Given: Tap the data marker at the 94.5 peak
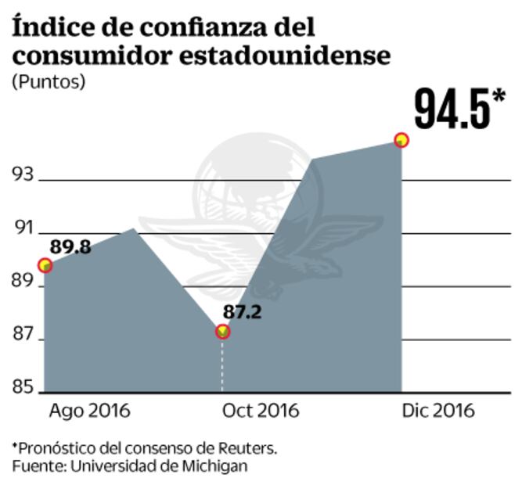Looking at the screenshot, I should tap(401, 140).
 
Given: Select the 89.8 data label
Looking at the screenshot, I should tap(70, 247).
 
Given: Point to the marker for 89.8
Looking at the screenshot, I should tap(45, 266).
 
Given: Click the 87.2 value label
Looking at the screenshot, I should tap(242, 312).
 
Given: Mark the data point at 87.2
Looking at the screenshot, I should tap(223, 332).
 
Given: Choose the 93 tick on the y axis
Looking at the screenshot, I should tap(23, 174).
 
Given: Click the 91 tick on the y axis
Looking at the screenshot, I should tap(23, 229).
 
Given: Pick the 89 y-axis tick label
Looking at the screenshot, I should tap(23, 282).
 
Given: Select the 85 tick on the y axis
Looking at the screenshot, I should tap(23, 387).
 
